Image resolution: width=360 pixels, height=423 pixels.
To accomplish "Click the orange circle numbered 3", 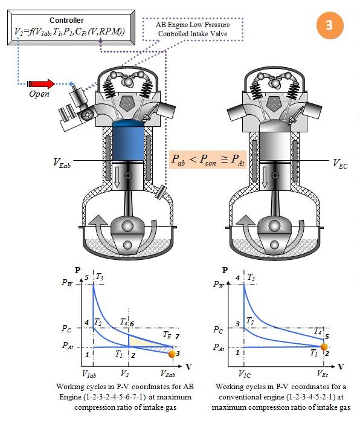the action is point(330,25).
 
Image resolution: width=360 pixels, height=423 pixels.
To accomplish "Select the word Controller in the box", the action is point(66,20).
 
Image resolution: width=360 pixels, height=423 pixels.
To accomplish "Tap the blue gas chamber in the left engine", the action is point(128,141).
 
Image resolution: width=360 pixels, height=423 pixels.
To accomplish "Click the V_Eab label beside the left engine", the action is point(62,163).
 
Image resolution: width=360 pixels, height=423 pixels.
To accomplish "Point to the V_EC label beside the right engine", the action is point(340,163).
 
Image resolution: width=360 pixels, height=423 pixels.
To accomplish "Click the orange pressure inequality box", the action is point(208,160).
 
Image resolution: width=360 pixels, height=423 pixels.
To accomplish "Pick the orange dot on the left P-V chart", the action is point(172,354).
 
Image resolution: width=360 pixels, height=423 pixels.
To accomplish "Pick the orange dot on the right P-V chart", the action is point(324,347).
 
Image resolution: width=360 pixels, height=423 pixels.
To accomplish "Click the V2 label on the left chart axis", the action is point(124,373).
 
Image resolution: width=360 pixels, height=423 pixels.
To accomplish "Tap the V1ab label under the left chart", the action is point(89,374).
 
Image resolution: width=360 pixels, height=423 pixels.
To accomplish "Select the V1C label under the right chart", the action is point(245,374).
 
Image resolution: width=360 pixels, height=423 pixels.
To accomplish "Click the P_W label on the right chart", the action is point(219,284).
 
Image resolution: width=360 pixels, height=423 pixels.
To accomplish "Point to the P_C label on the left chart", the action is point(66,328).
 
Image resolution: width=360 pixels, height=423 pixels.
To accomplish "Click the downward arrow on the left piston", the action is point(117,177).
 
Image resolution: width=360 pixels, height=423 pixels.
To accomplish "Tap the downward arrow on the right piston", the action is point(265,177).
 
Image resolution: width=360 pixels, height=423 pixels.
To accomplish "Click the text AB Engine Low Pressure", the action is point(193,25).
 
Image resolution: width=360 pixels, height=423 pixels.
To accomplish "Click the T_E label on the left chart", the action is point(167,335).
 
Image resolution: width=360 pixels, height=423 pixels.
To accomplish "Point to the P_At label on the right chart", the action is point(219,347).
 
